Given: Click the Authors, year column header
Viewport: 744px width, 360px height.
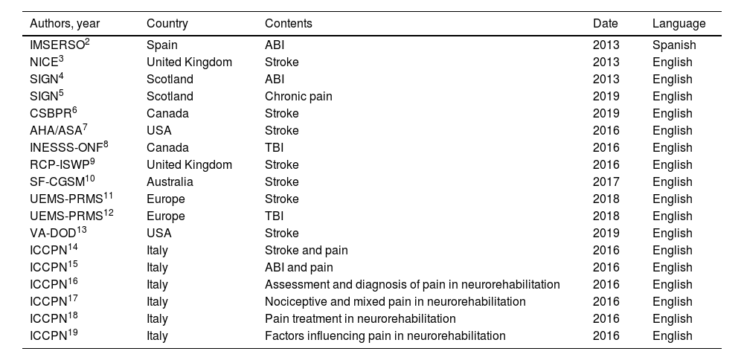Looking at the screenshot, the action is (65, 24).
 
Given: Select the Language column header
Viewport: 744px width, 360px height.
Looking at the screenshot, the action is (679, 24).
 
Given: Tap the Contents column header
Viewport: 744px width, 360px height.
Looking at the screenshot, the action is (289, 24).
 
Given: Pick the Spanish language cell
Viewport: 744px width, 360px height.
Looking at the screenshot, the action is (674, 45).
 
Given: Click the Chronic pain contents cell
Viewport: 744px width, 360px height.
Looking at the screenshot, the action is (298, 96).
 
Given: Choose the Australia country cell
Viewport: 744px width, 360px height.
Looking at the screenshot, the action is (170, 181).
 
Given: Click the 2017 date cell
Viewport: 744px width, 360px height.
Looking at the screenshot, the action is (606, 181).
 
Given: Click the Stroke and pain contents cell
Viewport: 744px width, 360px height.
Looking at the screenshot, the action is (307, 250).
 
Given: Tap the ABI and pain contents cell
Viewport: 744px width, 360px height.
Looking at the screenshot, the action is (299, 267).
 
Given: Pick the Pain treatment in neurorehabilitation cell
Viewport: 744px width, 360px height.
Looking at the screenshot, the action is (360, 318).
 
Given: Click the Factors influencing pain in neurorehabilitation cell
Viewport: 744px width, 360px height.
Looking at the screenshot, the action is (385, 335).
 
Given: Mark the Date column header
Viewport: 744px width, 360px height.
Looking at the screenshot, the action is (606, 24).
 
